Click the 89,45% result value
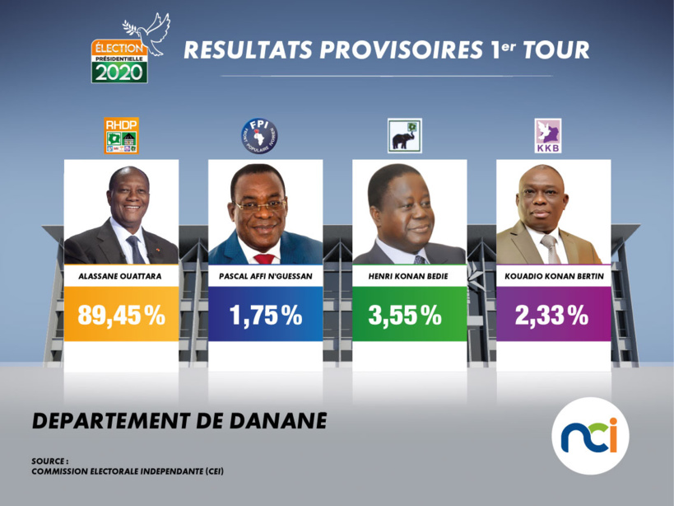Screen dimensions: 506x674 point(121,315)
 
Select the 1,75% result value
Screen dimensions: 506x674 point(265,315)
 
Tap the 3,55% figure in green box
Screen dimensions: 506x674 point(409,315)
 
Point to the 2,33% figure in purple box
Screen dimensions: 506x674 point(553,315)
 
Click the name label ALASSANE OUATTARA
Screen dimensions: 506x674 point(121,276)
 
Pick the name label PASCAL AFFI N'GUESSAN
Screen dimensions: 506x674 point(265,276)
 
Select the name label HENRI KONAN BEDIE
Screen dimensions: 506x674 point(409,276)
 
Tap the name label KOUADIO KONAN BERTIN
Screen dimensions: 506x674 point(553,276)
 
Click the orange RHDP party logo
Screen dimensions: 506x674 point(121,136)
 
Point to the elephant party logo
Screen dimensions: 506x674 point(404,137)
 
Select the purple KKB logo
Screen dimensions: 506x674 point(548,136)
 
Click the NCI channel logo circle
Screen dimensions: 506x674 point(589,435)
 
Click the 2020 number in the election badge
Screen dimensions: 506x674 point(119,73)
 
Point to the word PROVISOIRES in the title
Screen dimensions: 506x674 point(394,50)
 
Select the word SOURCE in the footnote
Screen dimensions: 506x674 point(49,461)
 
